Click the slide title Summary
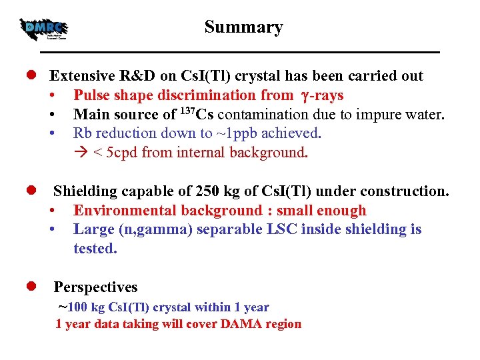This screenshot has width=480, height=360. tap(243, 27)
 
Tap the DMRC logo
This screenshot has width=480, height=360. tap(45, 29)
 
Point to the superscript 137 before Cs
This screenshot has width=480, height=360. tap(190, 111)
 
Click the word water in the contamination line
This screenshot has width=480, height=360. tap(424, 115)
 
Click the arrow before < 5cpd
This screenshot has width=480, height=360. tap(81, 153)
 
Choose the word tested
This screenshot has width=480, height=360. tap(95, 249)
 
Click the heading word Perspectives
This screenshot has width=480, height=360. tap(95, 287)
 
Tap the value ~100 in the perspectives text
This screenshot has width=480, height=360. tap(73, 307)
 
